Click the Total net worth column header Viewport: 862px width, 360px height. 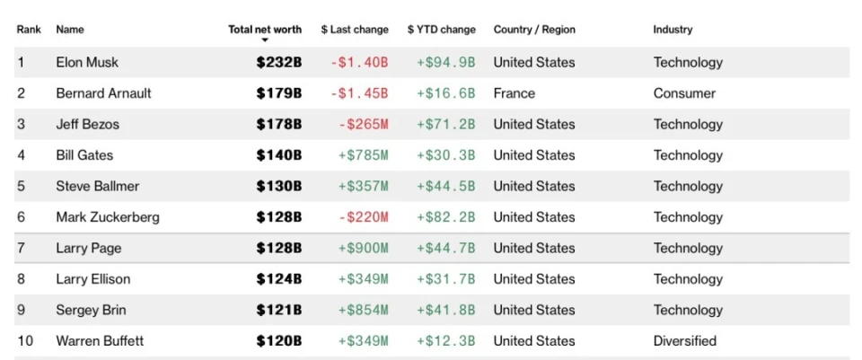265,30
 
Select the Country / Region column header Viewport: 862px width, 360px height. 534,30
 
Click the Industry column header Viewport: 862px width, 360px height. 673,30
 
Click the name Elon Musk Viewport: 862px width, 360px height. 87,63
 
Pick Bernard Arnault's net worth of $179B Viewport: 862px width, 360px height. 278,93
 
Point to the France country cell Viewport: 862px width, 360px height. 514,93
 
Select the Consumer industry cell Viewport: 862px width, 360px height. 684,93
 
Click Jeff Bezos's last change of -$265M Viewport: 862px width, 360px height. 363,125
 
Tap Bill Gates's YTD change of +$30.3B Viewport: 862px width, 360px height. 445,155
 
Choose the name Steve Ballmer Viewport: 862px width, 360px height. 98,187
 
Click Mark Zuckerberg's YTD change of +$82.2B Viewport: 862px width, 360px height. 445,217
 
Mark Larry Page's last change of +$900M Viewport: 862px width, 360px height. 363,249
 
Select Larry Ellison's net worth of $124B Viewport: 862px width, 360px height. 278,279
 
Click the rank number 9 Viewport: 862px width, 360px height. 21,311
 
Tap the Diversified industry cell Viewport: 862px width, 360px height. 685,341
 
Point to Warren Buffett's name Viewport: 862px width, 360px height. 100,341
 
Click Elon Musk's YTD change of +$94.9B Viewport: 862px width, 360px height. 445,63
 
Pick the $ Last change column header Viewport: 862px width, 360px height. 355,30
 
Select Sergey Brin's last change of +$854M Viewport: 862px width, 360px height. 363,311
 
